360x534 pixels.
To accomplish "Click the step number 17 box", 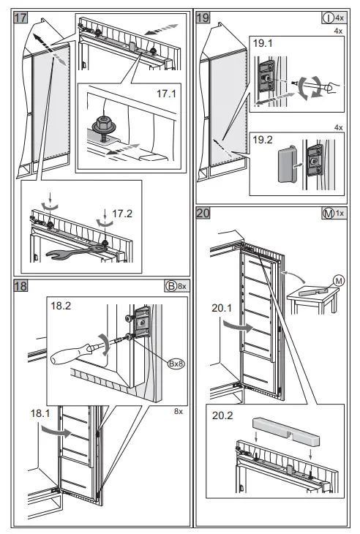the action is click(20, 18).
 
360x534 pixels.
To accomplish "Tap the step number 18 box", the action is click(20, 286).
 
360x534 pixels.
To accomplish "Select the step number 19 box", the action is click(203, 18).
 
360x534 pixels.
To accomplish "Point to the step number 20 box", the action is click(203, 213).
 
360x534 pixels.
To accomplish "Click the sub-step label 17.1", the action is click(167, 94).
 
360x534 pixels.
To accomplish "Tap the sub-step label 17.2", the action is click(122, 214).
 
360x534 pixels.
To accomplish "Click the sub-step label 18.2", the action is click(61, 306).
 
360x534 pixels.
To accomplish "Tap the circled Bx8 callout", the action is click(176, 364).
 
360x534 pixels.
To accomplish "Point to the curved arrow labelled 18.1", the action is click(56, 431).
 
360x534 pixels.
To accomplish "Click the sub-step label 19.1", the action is click(263, 43).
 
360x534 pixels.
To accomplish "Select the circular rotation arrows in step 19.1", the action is click(310, 88).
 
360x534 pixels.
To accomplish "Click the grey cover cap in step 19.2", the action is click(286, 164).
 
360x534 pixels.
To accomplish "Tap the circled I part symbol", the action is click(328, 18).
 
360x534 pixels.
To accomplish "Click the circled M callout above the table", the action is click(339, 281).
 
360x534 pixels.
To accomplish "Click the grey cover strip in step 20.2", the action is click(286, 432).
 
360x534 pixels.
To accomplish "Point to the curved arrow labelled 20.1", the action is click(238, 326).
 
